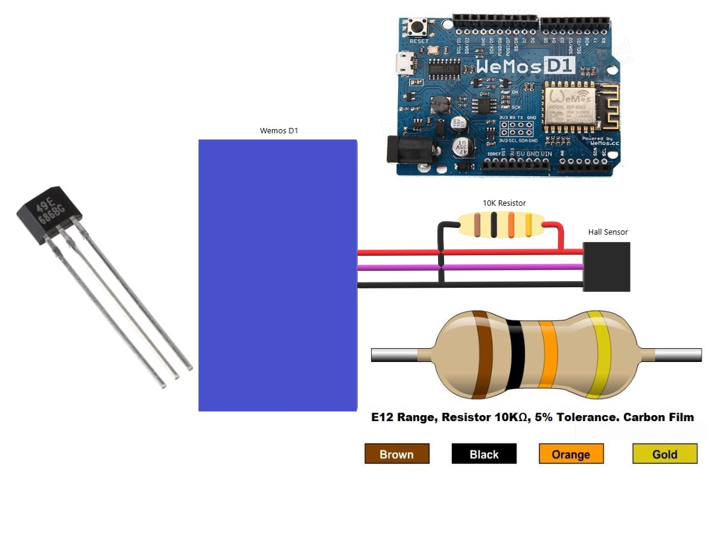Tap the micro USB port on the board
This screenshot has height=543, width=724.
pos(403,63)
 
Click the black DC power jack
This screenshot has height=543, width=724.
pos(401,149)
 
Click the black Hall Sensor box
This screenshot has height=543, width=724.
pos(606,267)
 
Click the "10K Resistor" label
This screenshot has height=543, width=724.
pos(504,203)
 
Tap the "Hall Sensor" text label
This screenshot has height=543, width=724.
pos(608,232)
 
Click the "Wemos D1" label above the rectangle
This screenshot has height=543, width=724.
pos(279,131)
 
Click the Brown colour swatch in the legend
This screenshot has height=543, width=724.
pos(396,454)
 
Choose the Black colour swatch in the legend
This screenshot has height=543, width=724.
pos(484,454)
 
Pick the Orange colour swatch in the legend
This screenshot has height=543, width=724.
pos(571,454)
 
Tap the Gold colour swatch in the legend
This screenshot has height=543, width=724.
pos(665,454)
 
